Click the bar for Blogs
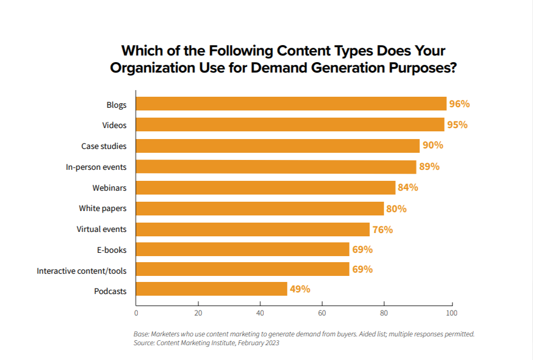tap(291, 104)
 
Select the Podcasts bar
tap(212, 289)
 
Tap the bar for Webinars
tap(265, 187)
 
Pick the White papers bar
tap(260, 208)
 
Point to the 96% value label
tap(459, 104)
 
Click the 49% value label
tap(300, 289)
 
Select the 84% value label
tap(408, 187)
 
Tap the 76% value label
tap(382, 229)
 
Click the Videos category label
tap(114, 125)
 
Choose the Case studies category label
tap(104, 146)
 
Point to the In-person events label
tap(96, 167)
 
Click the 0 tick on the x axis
tap(136, 313)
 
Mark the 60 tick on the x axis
tap(322, 313)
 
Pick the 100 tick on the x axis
tap(452, 313)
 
